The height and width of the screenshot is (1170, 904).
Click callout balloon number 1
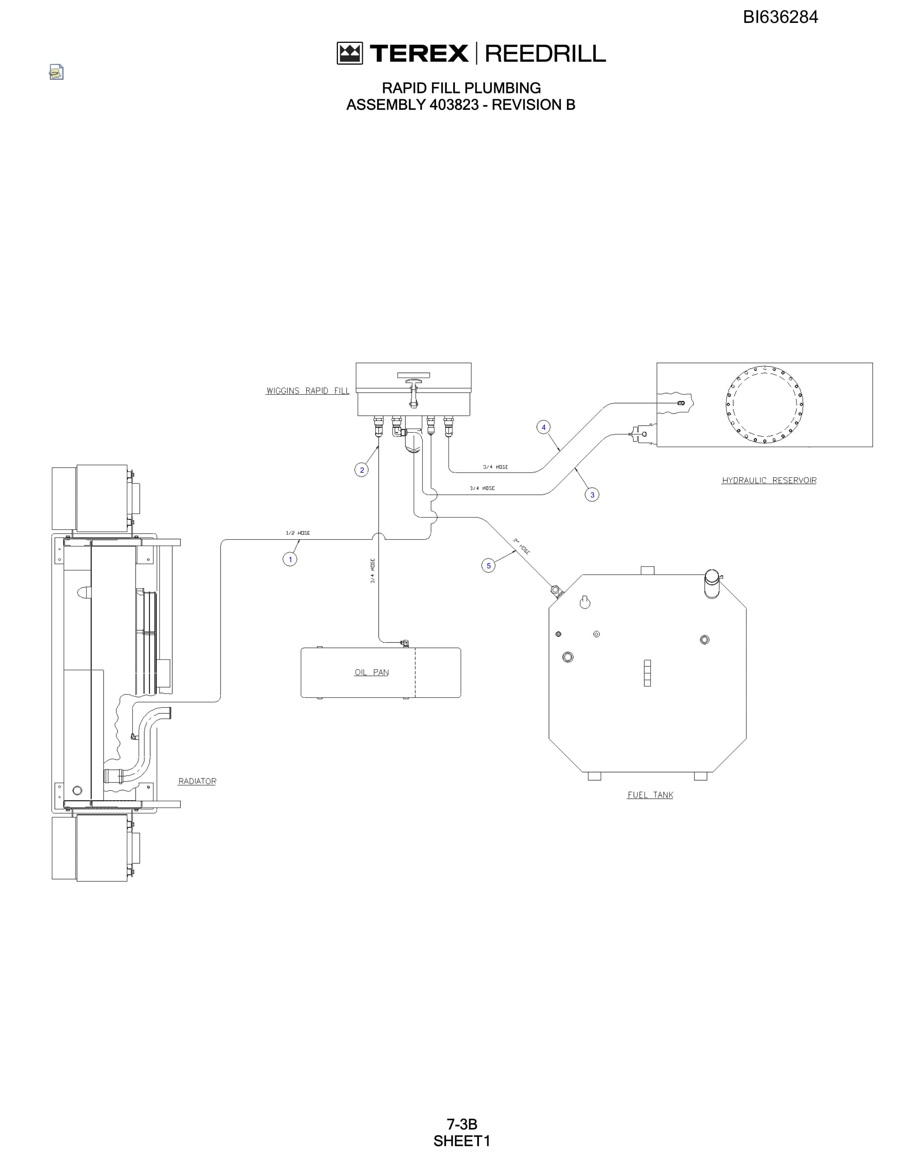tap(290, 559)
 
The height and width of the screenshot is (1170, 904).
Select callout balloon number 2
tap(362, 470)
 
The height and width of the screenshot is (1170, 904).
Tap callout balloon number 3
tap(592, 495)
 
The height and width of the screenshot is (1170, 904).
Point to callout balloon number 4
tap(544, 427)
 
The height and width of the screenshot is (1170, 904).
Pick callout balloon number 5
tap(489, 566)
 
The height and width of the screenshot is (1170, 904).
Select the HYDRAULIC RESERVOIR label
tap(769, 480)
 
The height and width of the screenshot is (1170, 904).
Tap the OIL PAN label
tap(371, 672)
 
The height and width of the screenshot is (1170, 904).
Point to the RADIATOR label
tap(197, 781)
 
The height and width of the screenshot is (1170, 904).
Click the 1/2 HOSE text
tap(298, 533)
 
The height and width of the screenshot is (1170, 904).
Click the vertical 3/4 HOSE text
tap(373, 571)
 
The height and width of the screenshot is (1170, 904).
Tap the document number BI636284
tap(780, 17)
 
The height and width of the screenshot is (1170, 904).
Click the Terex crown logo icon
tap(350, 54)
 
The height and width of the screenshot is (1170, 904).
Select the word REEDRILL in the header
tap(545, 54)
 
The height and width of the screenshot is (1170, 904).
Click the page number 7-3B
tap(462, 1124)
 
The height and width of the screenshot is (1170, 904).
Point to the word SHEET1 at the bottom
tap(462, 1141)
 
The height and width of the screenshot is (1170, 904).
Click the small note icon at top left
tap(56, 72)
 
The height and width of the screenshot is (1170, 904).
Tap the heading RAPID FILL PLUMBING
tap(461, 88)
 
